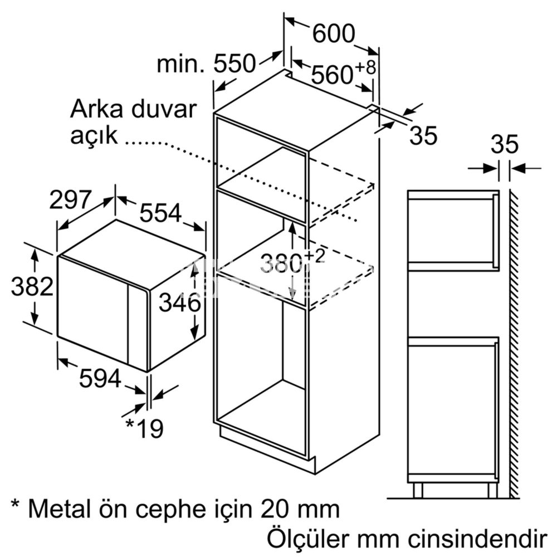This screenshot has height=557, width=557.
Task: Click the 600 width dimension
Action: tap(334, 34)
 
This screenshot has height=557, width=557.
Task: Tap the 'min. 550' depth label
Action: tap(206, 64)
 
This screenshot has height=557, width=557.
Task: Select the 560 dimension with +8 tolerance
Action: tap(343, 72)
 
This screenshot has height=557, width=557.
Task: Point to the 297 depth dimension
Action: tap(70, 199)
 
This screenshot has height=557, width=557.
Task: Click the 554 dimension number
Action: tap(160, 213)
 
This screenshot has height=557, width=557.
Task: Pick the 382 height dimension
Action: tap(32, 286)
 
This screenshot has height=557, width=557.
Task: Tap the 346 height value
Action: tap(179, 303)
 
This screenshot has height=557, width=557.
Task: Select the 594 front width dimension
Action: tap(100, 378)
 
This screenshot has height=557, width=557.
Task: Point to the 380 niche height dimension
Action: tap(292, 262)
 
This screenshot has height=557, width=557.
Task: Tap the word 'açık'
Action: tap(94, 136)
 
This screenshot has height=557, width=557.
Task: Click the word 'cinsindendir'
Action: tap(477, 539)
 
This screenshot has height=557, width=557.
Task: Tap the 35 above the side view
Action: tap(505, 144)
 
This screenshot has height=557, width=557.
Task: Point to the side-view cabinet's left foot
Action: tap(418, 490)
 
